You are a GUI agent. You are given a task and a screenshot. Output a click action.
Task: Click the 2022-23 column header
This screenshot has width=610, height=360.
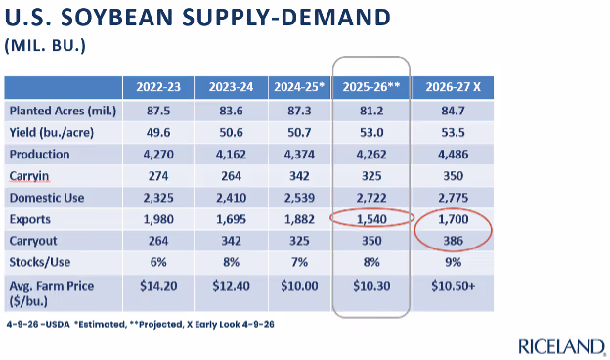pyautogui.click(x=158, y=86)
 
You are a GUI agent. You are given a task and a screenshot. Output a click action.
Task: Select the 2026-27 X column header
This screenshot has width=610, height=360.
pyautogui.click(x=453, y=86)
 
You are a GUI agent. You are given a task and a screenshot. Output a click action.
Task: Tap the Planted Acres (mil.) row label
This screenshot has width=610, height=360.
pyautogui.click(x=63, y=111)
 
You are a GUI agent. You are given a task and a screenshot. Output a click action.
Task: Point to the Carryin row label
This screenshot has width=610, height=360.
pyautogui.click(x=29, y=176)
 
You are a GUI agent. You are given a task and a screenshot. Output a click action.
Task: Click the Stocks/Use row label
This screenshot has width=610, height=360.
pyautogui.click(x=40, y=262)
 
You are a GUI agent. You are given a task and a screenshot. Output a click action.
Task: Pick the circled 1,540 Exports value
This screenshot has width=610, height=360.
pyautogui.click(x=371, y=219)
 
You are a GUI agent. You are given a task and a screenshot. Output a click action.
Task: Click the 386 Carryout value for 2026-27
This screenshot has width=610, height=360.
pyautogui.click(x=454, y=241)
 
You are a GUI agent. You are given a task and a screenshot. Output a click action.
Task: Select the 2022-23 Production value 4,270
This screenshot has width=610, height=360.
pyautogui.click(x=158, y=155)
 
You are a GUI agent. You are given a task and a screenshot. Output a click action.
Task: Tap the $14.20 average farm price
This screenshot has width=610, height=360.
pyautogui.click(x=158, y=286)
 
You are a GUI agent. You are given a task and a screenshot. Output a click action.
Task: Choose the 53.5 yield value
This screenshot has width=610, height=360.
pyautogui.click(x=454, y=133)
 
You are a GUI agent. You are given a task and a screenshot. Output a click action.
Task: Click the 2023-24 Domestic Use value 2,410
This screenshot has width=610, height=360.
pyautogui.click(x=231, y=198)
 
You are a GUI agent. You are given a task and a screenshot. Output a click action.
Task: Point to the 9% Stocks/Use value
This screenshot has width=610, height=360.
pyautogui.click(x=454, y=262)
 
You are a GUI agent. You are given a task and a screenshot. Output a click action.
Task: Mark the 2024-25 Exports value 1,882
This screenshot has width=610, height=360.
pyautogui.click(x=299, y=219)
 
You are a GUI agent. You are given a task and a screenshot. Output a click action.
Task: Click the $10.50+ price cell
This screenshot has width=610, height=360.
pyautogui.click(x=454, y=286)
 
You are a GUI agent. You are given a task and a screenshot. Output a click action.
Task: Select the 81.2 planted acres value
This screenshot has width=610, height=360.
pyautogui.click(x=371, y=111)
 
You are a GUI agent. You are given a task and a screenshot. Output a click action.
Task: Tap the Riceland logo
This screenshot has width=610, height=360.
pyautogui.click(x=562, y=346)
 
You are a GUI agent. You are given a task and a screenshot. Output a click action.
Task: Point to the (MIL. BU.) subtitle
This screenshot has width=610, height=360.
pyautogui.click(x=45, y=46)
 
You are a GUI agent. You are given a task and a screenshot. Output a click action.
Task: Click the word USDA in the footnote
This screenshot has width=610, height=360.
pyautogui.click(x=58, y=324)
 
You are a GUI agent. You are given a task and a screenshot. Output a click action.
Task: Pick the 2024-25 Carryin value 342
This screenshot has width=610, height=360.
pyautogui.click(x=299, y=176)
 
